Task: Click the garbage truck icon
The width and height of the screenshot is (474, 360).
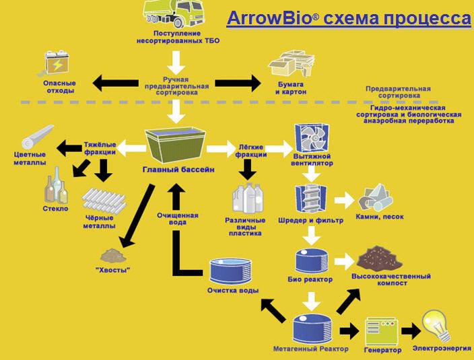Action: pyautogui.click(x=173, y=13)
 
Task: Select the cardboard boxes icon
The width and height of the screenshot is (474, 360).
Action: pyautogui.click(x=292, y=64)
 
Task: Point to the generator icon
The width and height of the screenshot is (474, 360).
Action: pyautogui.click(x=381, y=331)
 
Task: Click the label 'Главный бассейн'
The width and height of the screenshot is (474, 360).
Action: pyautogui.click(x=178, y=170)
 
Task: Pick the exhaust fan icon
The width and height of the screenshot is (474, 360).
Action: pyautogui.click(x=312, y=139)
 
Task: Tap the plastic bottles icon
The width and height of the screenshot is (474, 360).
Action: pyautogui.click(x=248, y=198)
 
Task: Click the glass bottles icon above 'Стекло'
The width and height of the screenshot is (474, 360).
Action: pyautogui.click(x=57, y=186)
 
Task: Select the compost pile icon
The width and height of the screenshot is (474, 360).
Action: pyautogui.click(x=379, y=258)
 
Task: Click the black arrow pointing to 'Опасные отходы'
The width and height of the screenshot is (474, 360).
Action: pyautogui.click(x=116, y=83)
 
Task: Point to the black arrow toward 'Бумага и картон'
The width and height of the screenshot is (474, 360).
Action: pyautogui.click(x=238, y=83)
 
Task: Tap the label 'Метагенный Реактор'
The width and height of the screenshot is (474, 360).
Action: pyautogui.click(x=310, y=349)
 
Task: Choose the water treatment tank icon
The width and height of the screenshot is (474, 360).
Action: pyautogui.click(x=231, y=271)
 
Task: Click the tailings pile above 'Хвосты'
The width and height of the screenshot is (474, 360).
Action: pyautogui.click(x=113, y=256)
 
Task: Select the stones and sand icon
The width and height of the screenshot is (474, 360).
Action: pyautogui.click(x=376, y=197)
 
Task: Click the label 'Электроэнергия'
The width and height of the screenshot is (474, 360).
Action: pyautogui.click(x=442, y=349)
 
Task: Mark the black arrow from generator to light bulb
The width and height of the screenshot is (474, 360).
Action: pyautogui.click(x=411, y=330)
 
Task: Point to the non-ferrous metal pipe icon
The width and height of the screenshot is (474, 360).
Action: pyautogui.click(x=38, y=137)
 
